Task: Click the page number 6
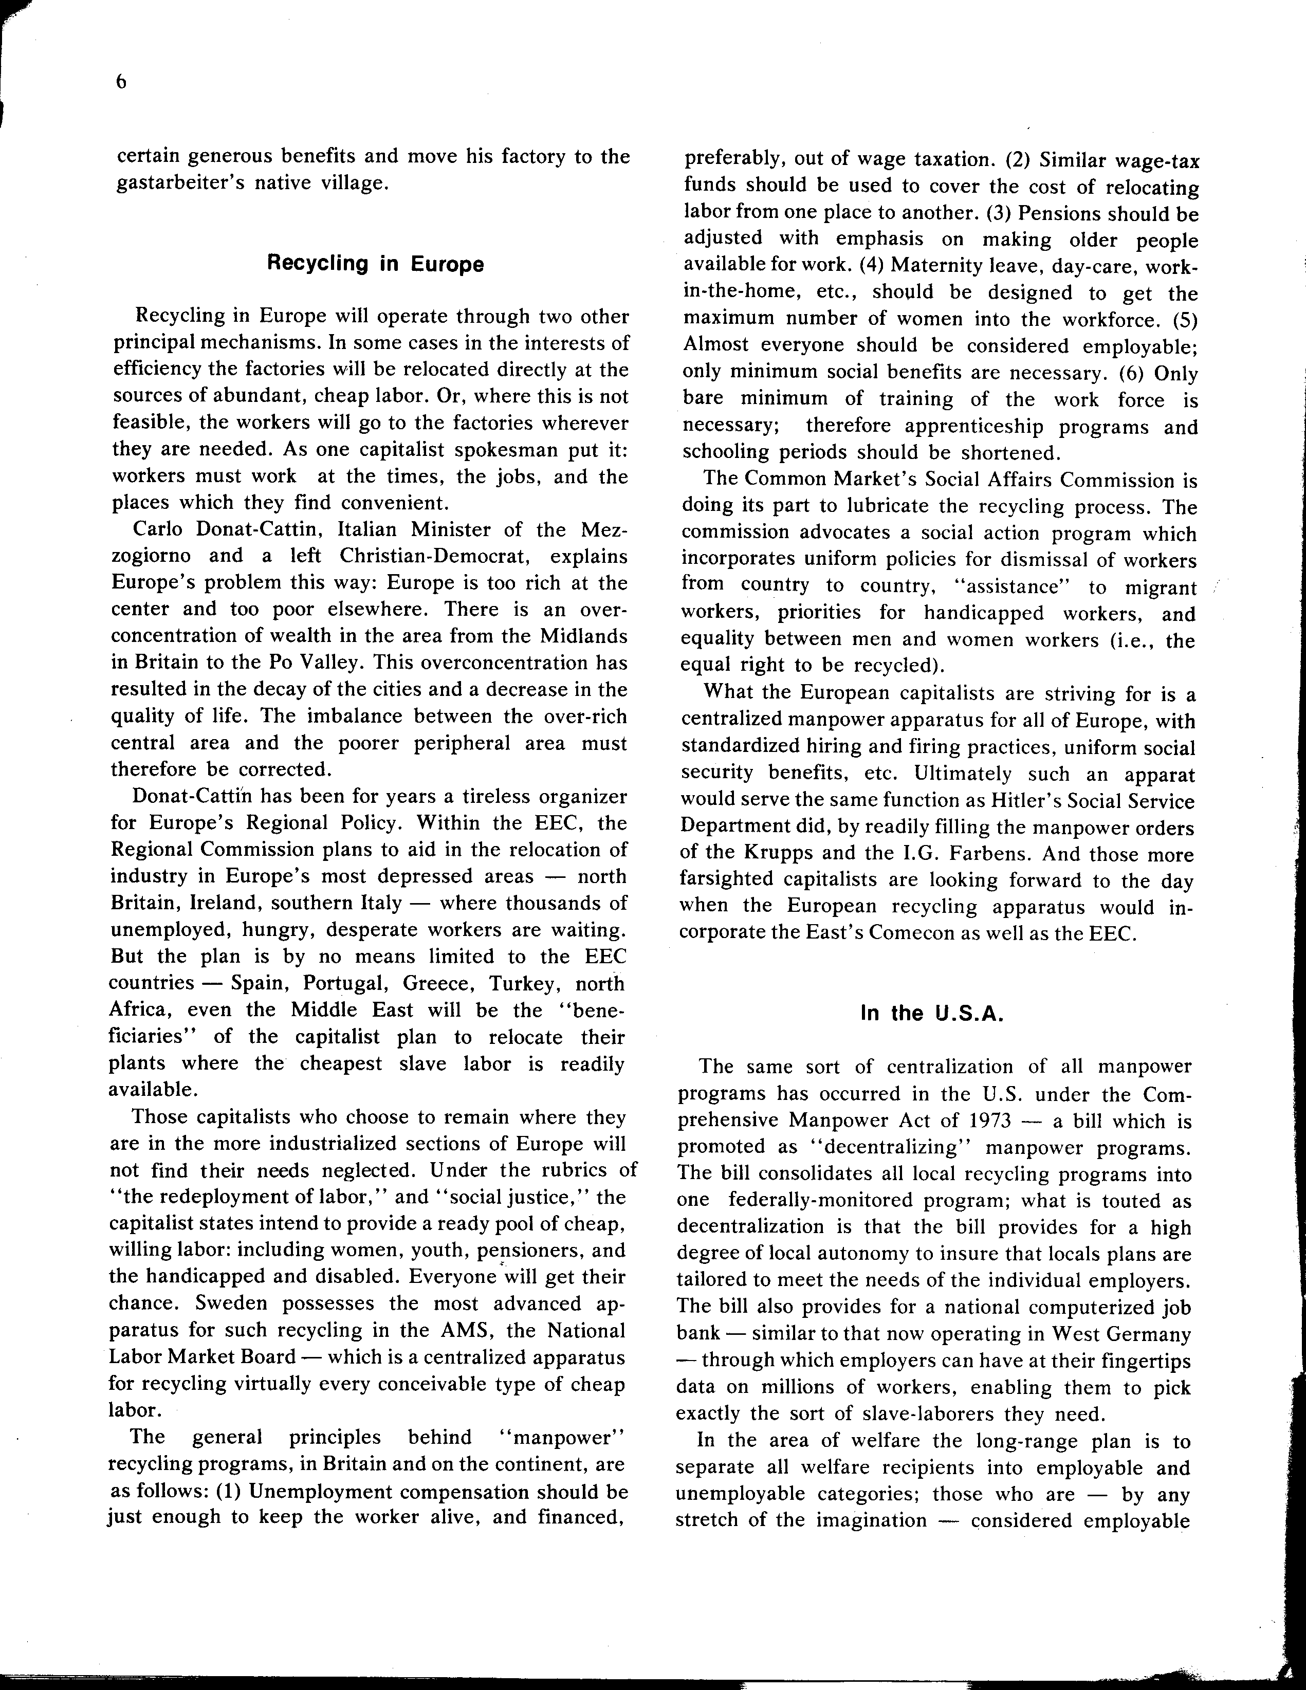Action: click(121, 83)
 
